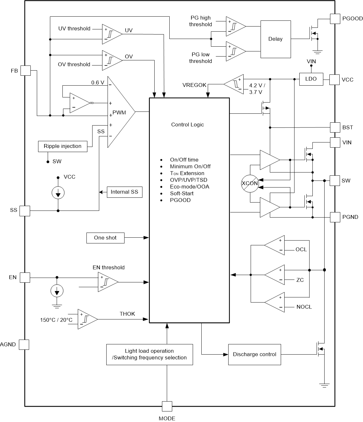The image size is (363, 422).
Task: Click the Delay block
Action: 276,39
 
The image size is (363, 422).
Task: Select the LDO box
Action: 311,79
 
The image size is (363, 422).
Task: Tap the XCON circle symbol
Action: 250,183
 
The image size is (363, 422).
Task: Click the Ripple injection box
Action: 62,146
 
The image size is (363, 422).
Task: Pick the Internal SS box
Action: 125,192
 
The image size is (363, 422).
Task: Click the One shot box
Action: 105,238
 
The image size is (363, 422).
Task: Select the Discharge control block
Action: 254,354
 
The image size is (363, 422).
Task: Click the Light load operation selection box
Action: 149,354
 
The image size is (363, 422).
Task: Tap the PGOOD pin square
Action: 335,19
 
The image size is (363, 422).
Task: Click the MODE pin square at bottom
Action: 167,406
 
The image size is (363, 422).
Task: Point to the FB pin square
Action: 26,71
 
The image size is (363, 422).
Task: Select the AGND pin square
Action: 24,344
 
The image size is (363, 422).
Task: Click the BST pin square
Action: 335,127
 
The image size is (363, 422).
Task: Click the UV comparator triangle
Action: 111,34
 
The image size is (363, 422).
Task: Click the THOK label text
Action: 127,314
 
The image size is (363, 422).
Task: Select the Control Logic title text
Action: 188,125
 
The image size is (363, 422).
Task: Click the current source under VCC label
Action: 58,193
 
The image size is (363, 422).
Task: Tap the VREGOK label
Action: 195,85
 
